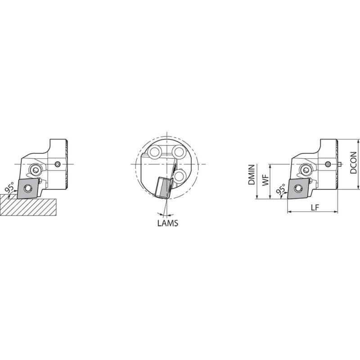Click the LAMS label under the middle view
167,223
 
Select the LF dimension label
315,207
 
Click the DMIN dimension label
252,175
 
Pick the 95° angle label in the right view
280,189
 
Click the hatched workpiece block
27,205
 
